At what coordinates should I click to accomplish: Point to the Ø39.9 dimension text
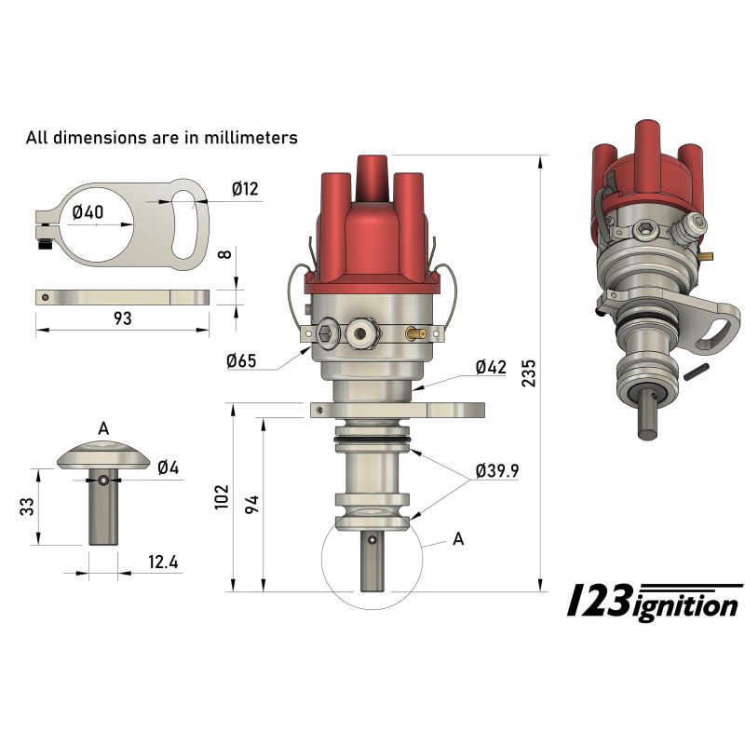coord(496,470)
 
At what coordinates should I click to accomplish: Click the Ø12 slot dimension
coord(245,190)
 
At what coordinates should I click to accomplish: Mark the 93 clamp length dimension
coord(122,318)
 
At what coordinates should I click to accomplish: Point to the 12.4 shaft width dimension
coord(164,563)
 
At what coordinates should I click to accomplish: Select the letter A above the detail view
coord(103,428)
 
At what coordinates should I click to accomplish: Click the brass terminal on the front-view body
coord(416,332)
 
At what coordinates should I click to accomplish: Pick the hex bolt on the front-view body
coord(328,334)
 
